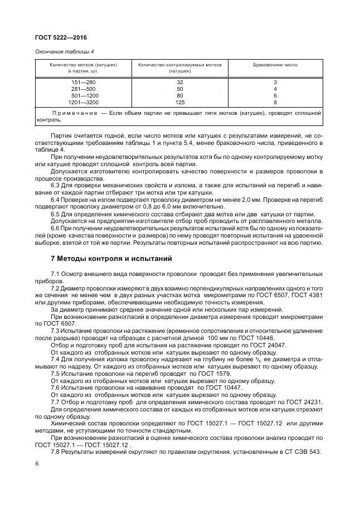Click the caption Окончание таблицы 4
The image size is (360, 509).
(64, 52)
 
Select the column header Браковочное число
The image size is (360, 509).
(275, 65)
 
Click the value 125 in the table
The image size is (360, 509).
(180, 103)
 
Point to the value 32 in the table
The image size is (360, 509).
(180, 83)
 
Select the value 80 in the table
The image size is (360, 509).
(180, 96)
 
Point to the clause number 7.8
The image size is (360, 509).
(56, 450)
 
